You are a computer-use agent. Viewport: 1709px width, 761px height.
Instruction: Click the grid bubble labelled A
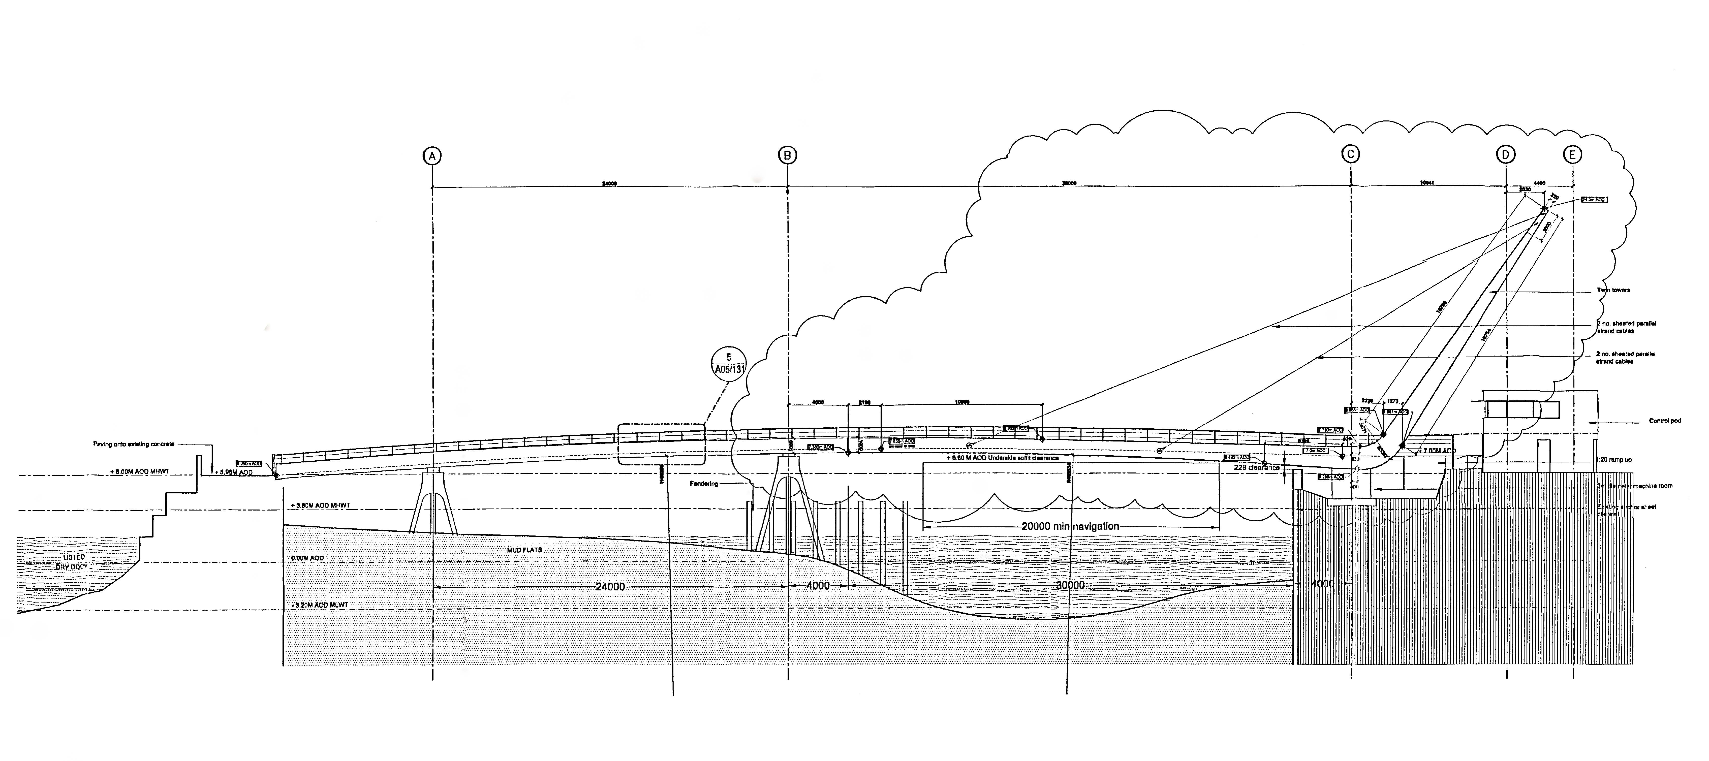[x=432, y=156]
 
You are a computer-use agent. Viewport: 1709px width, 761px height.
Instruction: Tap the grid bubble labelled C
[x=1351, y=154]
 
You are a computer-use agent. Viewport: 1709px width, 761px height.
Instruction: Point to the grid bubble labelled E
[x=1572, y=154]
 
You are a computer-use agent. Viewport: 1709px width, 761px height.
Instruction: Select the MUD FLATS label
[x=524, y=550]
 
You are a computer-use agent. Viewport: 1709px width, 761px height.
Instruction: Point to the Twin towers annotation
[x=1613, y=290]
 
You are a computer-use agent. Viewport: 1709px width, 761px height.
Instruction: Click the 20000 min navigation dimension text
[x=1070, y=526]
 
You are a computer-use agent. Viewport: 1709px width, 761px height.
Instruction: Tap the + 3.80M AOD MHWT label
[x=320, y=505]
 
